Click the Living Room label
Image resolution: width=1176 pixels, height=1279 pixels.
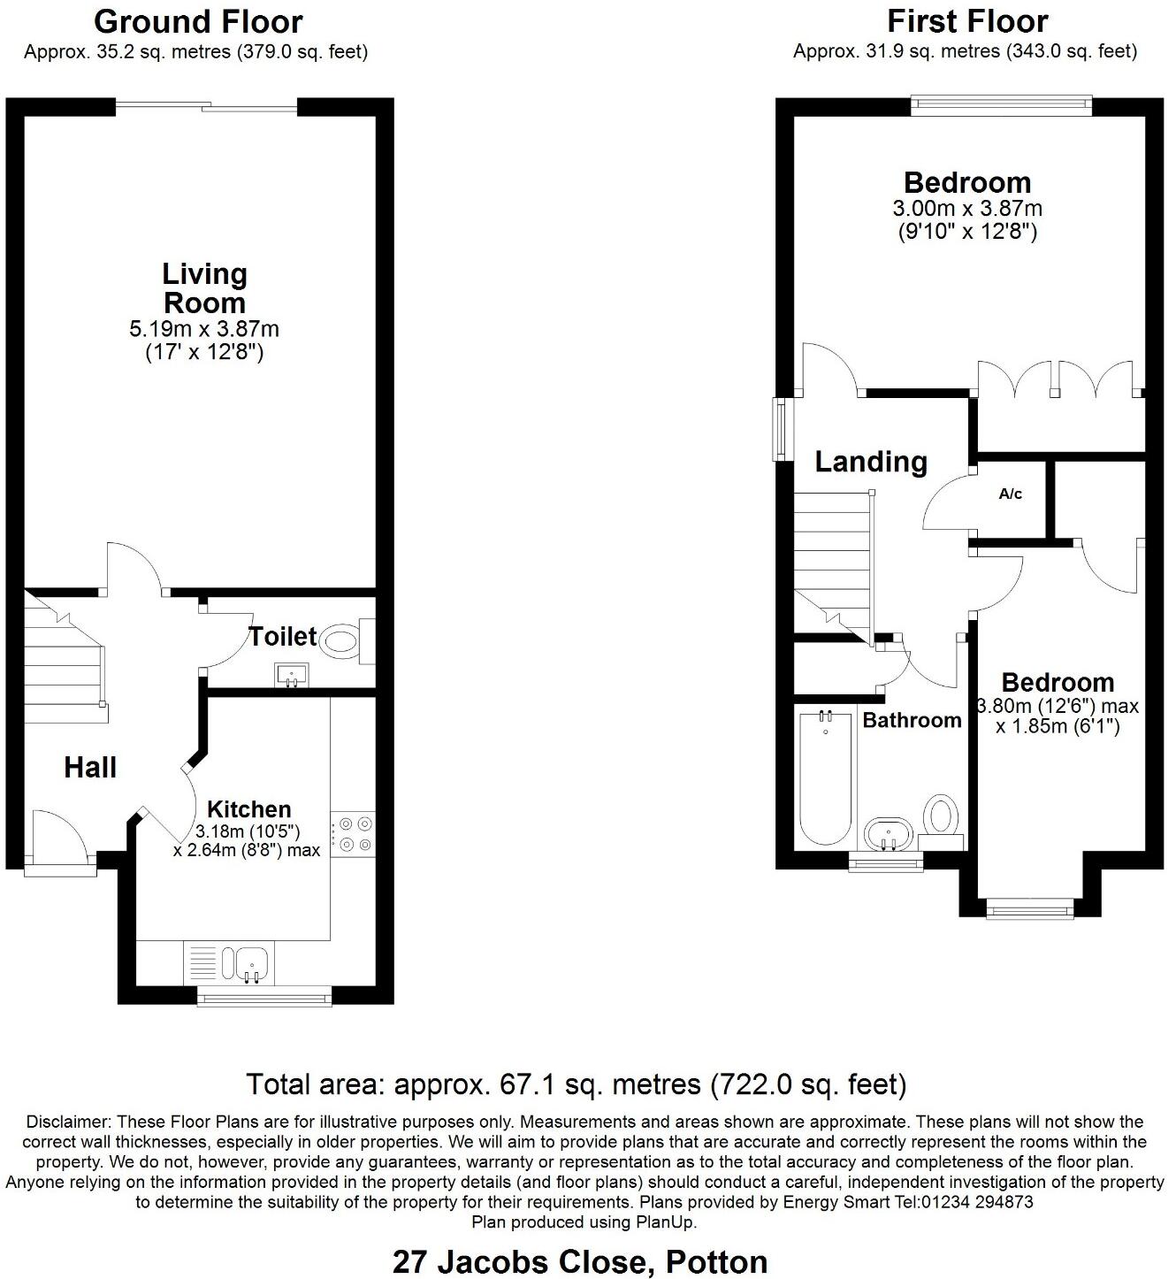click(x=204, y=288)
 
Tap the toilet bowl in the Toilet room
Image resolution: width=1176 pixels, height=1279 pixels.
click(x=340, y=640)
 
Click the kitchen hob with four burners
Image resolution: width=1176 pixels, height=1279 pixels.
click(x=354, y=833)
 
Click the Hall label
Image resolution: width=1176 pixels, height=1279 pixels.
click(x=90, y=768)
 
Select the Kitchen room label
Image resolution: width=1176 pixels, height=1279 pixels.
click(x=248, y=809)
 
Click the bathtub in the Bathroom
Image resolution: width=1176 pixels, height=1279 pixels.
click(x=826, y=778)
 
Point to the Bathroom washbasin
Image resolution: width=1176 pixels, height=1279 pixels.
click(x=888, y=833)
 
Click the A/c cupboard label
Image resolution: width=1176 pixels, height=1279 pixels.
click(x=1011, y=494)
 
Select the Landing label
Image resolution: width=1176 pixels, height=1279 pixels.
click(x=871, y=462)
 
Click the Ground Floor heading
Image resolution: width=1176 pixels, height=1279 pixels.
click(x=198, y=21)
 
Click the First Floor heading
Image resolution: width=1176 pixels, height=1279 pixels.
click(x=967, y=21)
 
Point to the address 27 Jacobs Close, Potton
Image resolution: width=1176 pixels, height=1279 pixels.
click(x=580, y=1261)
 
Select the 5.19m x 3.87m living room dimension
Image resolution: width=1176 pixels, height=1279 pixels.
click(x=204, y=330)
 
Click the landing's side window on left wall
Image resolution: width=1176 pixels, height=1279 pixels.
click(x=782, y=430)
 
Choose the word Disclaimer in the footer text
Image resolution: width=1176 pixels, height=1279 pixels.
click(x=65, y=1122)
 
